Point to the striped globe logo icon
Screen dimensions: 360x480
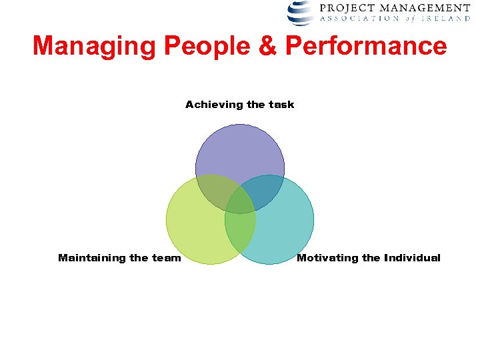point(301,12)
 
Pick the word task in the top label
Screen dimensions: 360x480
point(281,105)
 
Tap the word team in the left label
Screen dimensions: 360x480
point(166,258)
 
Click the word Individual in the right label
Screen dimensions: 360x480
point(412,258)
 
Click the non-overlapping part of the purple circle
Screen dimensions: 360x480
point(240,150)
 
